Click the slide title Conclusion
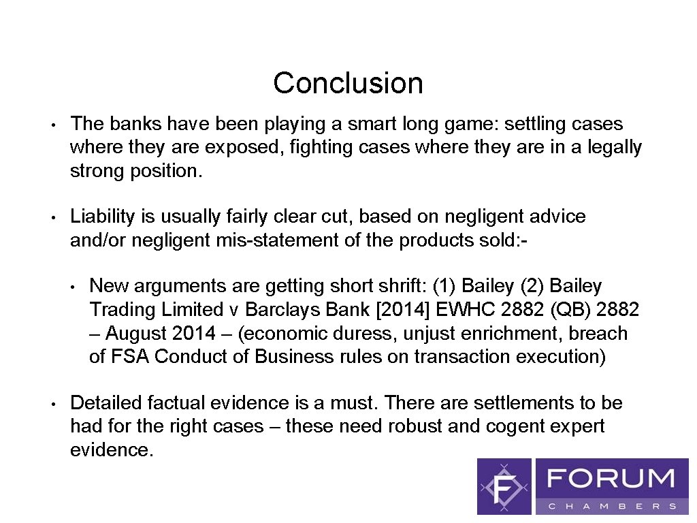[348, 83]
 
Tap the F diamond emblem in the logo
[504, 486]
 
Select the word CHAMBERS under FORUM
[612, 506]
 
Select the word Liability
[103, 217]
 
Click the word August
[137, 334]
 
